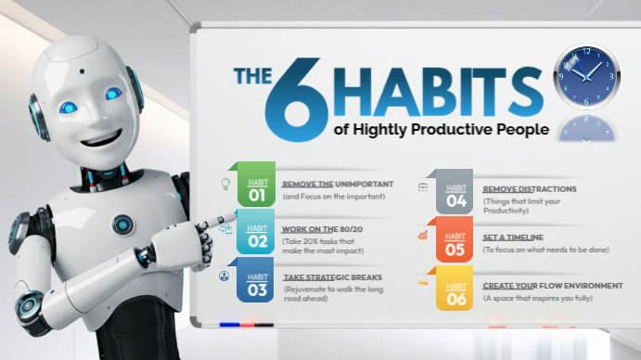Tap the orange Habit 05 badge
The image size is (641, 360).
pyautogui.click(x=455, y=243)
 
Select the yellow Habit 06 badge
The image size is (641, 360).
pyautogui.click(x=455, y=289)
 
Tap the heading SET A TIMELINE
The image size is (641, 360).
pyautogui.click(x=513, y=238)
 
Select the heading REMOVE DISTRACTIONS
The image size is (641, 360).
pyautogui.click(x=530, y=188)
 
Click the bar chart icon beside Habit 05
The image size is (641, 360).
pyautogui.click(x=422, y=236)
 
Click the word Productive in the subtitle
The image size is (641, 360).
pyautogui.click(x=468, y=130)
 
